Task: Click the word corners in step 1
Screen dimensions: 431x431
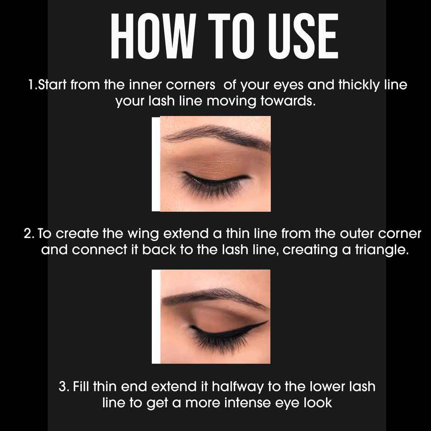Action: (x=185, y=85)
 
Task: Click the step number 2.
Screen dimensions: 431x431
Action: (x=28, y=234)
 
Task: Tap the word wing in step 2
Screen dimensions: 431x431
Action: (x=143, y=234)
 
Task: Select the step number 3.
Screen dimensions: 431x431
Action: (x=63, y=386)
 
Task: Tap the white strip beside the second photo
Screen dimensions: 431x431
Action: (x=156, y=316)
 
